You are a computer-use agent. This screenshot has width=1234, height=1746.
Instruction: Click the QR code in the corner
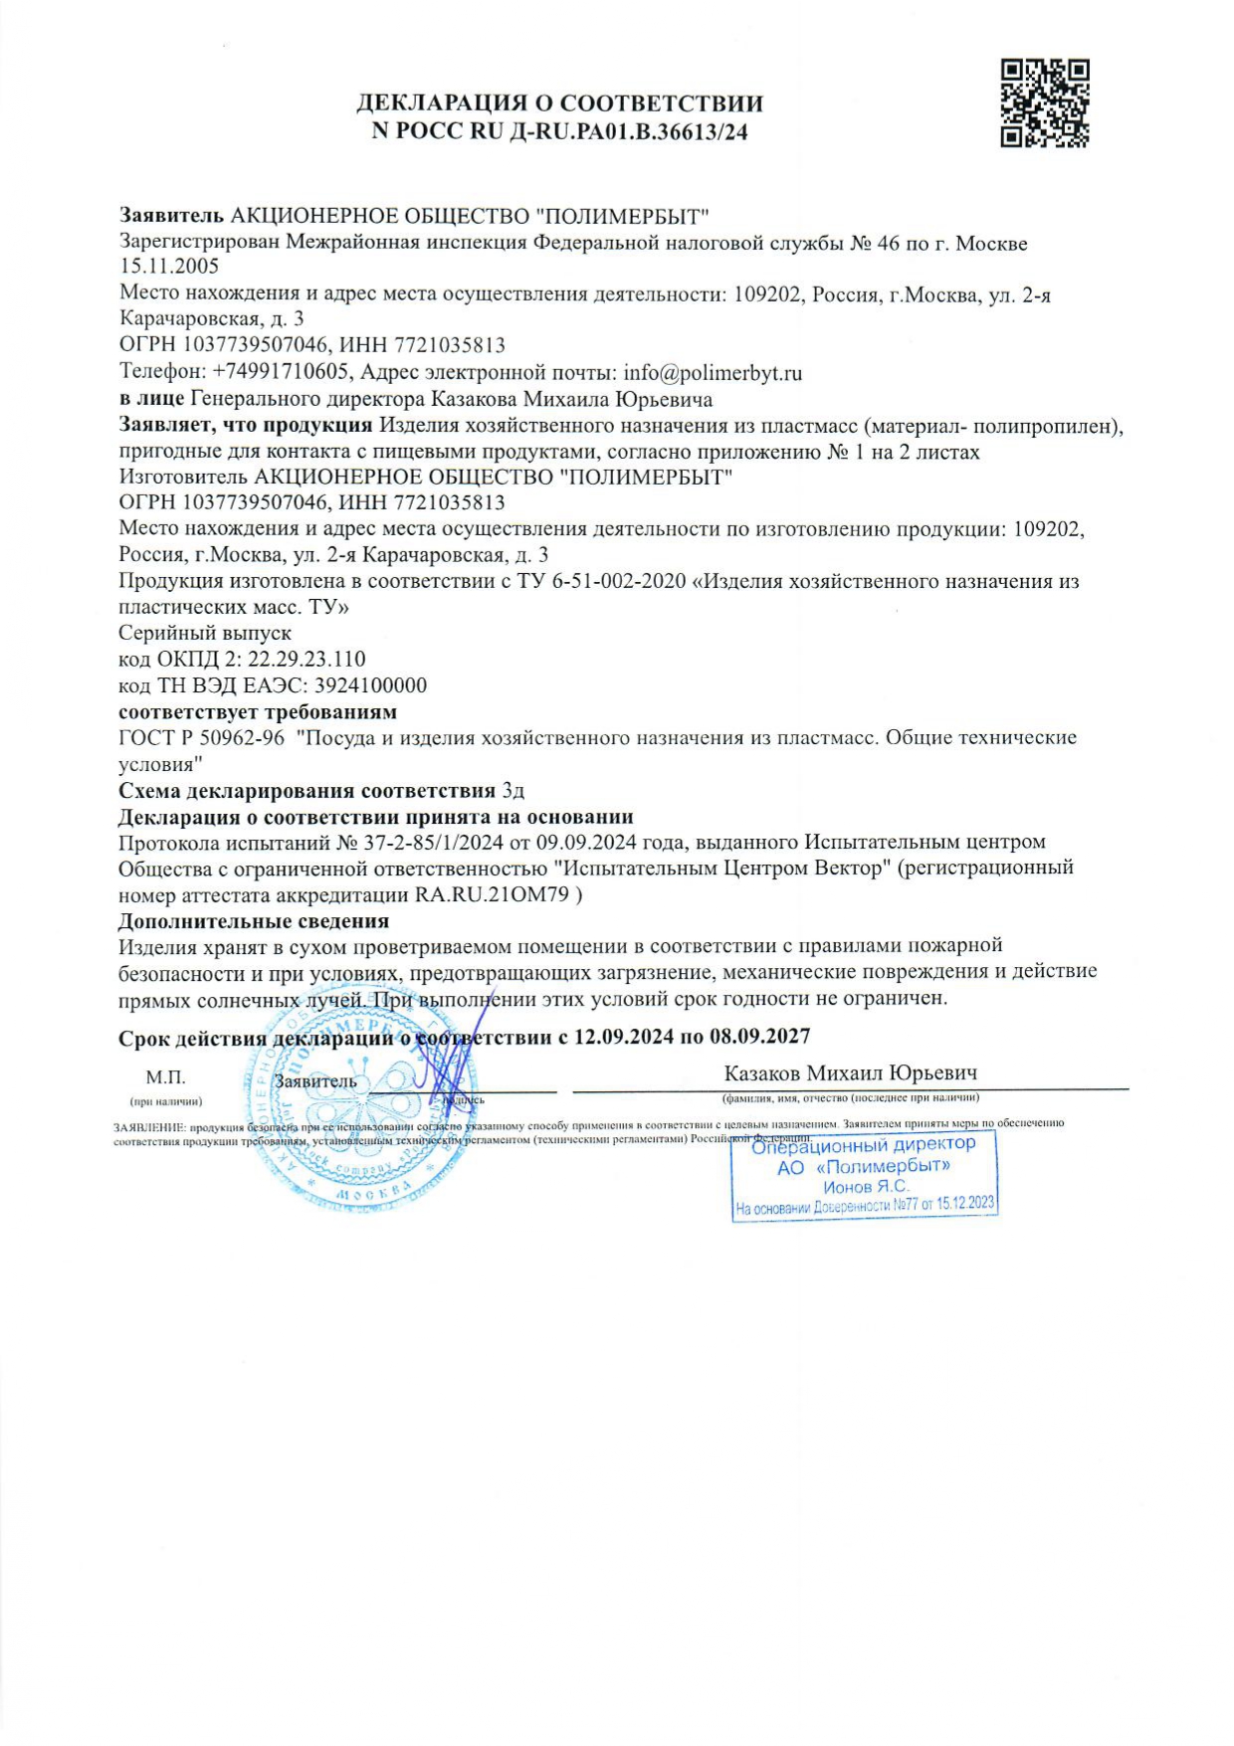[1044, 103]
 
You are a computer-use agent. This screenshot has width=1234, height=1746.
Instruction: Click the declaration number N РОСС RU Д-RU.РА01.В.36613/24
[559, 131]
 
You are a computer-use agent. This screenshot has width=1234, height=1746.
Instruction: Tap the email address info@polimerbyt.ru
[713, 373]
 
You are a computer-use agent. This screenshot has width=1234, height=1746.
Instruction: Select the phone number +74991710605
[281, 373]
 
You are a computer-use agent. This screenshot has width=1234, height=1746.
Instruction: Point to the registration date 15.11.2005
[168, 267]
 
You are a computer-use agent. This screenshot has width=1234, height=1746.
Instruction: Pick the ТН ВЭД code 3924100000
[370, 685]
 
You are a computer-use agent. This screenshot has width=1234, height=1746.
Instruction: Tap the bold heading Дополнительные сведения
[253, 921]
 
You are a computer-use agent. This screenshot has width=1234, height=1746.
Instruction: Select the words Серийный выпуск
[205, 633]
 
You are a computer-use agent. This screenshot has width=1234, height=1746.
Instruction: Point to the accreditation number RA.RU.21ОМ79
[492, 894]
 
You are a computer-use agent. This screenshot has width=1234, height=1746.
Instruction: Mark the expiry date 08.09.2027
[759, 1037]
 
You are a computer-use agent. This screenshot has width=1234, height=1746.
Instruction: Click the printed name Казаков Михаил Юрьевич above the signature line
[850, 1073]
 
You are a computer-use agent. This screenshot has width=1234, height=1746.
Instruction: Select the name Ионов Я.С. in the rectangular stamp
[865, 1187]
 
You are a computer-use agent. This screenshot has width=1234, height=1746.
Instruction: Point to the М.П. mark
[165, 1077]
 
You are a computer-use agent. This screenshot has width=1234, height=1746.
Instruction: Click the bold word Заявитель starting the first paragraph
[171, 216]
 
